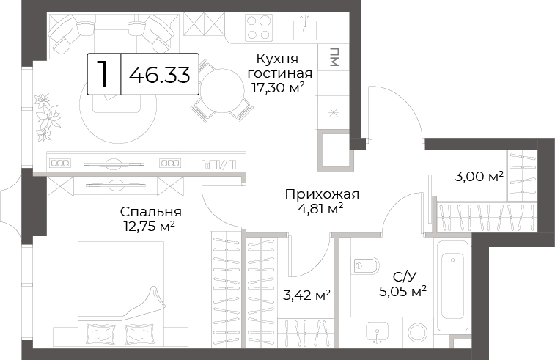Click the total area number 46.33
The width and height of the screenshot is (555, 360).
click(159, 74)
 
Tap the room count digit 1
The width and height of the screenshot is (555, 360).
click(103, 74)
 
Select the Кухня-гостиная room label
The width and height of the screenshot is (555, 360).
click(279, 66)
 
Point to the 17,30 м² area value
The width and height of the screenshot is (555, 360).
click(278, 87)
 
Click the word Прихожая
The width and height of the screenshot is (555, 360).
click(322, 194)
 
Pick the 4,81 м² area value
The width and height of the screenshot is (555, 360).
click(321, 209)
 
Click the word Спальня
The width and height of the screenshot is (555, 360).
click(151, 212)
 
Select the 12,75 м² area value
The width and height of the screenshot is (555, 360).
click(149, 227)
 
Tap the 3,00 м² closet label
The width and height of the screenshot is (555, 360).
click(479, 176)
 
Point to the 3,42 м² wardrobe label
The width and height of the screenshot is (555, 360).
click(307, 295)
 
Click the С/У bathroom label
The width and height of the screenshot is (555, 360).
click(403, 276)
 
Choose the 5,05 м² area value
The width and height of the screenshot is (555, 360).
click(403, 292)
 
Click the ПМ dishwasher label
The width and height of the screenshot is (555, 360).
click(334, 57)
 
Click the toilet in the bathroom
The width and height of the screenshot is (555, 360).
click(366, 265)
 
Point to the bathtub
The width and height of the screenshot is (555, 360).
click(452, 285)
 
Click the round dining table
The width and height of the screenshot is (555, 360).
click(222, 90)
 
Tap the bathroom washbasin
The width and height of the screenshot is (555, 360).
click(378, 333)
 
